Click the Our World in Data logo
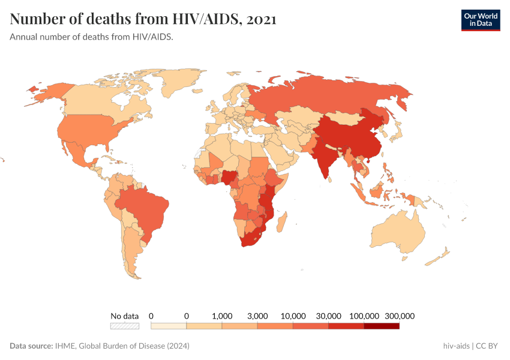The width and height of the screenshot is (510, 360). (x=480, y=19)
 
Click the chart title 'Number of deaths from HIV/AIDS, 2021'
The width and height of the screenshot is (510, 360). (x=143, y=19)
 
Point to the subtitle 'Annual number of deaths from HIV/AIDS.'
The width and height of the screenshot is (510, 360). (x=92, y=37)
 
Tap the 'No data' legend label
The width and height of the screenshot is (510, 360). (x=125, y=316)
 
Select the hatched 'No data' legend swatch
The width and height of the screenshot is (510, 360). (x=125, y=326)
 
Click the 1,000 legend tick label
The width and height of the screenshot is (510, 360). (x=222, y=316)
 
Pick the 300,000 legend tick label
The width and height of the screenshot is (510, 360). (x=400, y=316)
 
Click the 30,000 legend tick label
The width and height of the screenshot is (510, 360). (x=329, y=316)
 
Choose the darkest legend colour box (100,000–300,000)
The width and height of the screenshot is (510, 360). (x=382, y=326)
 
